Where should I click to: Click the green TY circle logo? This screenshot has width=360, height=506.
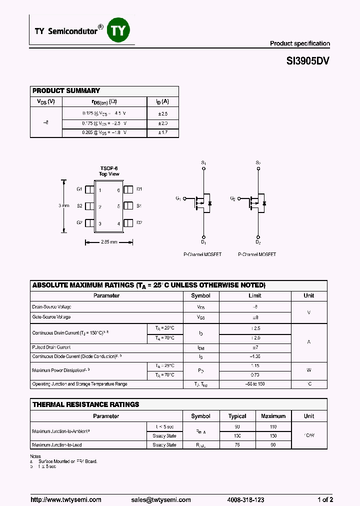tap(120, 31)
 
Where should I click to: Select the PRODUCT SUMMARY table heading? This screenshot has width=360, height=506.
tap(66, 90)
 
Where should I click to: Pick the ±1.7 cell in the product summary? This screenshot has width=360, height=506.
tap(163, 133)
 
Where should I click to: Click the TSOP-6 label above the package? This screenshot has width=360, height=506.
tap(109, 168)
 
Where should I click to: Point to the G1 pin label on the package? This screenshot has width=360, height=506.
tap(79, 189)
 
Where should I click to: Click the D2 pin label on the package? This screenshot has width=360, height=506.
tap(139, 223)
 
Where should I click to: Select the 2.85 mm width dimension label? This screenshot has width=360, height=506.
tap(108, 242)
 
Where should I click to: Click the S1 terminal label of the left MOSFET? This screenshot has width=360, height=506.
tap(203, 163)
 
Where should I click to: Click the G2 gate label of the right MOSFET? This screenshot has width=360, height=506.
tap(232, 198)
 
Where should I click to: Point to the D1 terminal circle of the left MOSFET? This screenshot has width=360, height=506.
tap(203, 236)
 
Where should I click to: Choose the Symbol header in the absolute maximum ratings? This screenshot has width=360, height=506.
tap(201, 295)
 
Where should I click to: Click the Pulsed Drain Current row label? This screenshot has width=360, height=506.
tap(51, 347)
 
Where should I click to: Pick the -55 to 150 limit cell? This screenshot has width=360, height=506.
tap(255, 384)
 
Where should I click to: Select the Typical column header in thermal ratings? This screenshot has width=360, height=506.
tap(237, 416)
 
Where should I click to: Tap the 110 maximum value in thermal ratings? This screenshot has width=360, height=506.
tap(273, 426)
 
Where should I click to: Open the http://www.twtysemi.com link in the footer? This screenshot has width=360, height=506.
tap(66, 499)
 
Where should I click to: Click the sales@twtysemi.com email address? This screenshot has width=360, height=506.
tap(161, 499)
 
